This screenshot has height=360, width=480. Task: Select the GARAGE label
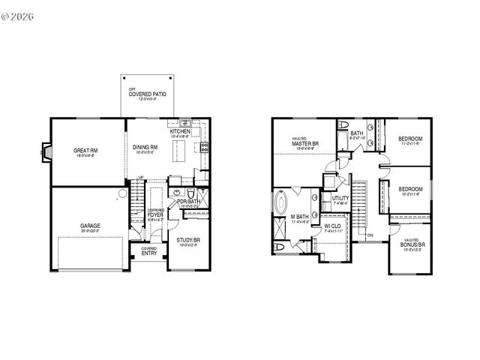pyautogui.click(x=90, y=225)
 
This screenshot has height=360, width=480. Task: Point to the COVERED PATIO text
pyautogui.click(x=147, y=95)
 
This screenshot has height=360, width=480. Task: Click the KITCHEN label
pyautogui.click(x=181, y=131)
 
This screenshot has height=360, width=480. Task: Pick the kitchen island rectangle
pyautogui.click(x=179, y=154)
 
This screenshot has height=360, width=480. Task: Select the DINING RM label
pyautogui.click(x=145, y=147)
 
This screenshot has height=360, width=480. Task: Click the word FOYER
pyautogui.click(x=156, y=214)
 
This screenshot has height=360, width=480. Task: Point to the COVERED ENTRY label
pyautogui.click(x=149, y=251)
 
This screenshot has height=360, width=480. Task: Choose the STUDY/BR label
pyautogui.click(x=188, y=241)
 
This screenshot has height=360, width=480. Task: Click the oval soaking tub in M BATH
pyautogui.click(x=280, y=204)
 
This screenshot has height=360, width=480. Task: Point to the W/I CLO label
pyautogui.click(x=332, y=226)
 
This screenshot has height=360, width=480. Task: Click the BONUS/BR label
pyautogui.click(x=413, y=245)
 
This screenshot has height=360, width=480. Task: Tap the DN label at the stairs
pyautogui.click(x=370, y=235)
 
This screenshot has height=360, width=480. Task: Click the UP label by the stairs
pyautogui.click(x=140, y=178)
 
